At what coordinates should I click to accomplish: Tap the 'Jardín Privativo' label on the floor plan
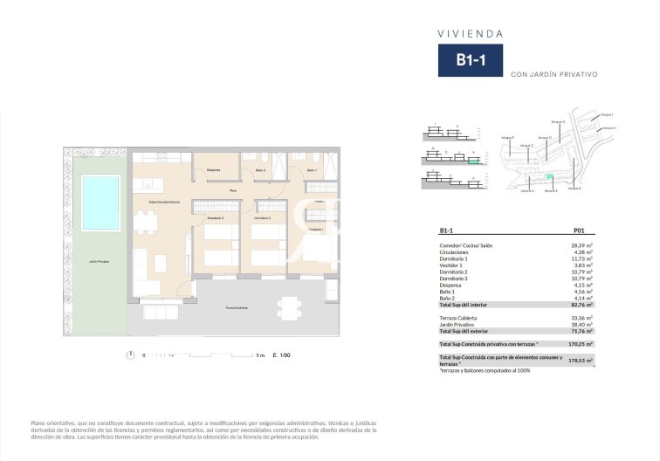pos(99,261)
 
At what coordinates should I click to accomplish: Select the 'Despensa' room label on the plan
pos(213,169)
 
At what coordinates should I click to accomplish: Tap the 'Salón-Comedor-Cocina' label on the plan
pos(164,201)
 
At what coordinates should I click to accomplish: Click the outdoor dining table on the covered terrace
pos(287,307)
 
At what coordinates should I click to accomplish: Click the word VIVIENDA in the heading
pos(470,33)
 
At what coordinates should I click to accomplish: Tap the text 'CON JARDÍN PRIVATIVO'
pos(553,74)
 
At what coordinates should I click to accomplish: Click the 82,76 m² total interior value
pos(581,305)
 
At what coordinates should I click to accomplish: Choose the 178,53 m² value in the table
pos(581,360)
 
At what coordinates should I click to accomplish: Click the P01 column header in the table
pos(578,231)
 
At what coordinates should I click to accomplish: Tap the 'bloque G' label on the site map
pos(558,121)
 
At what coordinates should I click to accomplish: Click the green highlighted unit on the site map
pos(550,177)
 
